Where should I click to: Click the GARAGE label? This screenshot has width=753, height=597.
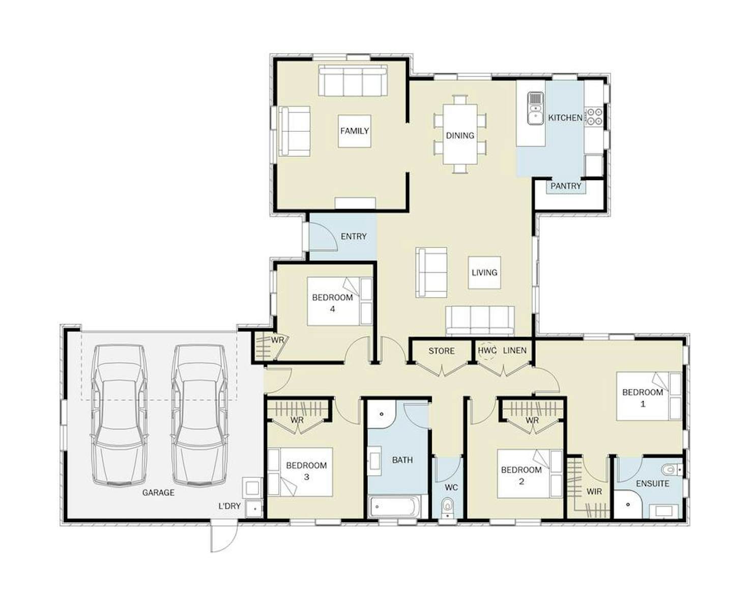tap(158, 493)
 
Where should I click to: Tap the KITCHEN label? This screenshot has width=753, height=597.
tap(565, 118)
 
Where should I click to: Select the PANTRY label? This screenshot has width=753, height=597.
tap(566, 186)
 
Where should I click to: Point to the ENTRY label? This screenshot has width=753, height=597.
tap(354, 236)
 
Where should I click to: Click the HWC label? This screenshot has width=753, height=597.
tap(487, 350)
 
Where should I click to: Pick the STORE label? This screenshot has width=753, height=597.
tap(441, 351)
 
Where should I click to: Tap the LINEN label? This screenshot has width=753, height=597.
tap(515, 350)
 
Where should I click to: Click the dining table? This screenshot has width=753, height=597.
tap(460, 134)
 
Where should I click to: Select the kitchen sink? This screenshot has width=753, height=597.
tap(535, 108)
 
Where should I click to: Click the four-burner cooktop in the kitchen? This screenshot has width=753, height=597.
tap(594, 117)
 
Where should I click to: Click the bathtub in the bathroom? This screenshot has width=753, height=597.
tap(398, 506)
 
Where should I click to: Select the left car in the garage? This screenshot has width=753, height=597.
tap(120, 415)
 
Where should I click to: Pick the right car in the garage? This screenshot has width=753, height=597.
tap(199, 415)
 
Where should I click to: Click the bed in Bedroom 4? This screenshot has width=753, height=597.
tap(339, 301)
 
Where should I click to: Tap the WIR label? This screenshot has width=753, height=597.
tap(594, 492)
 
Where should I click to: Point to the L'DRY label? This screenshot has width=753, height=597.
tap(229, 506)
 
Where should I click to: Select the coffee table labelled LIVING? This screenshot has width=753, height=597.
tap(484, 273)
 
